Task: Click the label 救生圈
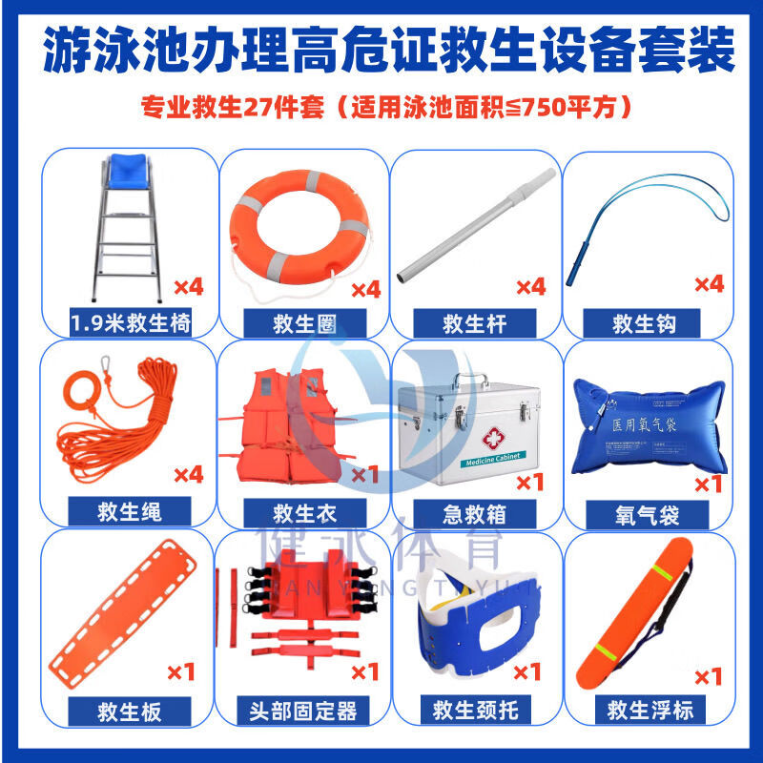(303, 323)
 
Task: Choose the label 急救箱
(474, 515)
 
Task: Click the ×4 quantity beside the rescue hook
(709, 283)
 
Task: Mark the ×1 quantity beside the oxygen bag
(708, 484)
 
